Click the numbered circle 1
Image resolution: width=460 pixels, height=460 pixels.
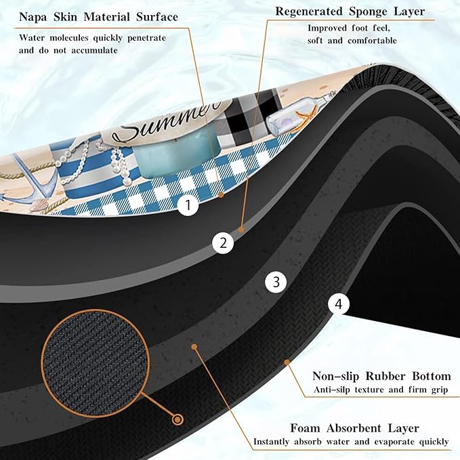click(188, 205)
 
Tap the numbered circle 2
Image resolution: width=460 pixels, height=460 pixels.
click(224, 243)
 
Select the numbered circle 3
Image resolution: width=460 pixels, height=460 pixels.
click(276, 282)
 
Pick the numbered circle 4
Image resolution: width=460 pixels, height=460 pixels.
click(339, 304)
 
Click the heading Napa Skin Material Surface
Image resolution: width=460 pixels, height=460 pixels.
click(99, 17)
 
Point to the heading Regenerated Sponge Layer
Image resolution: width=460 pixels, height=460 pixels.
click(350, 12)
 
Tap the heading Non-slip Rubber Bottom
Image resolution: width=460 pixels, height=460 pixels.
click(381, 376)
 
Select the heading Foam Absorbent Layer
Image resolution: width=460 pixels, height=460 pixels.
click(355, 428)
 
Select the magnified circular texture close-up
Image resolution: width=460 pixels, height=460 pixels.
click(96, 362)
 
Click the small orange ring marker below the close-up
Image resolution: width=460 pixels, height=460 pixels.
click(177, 420)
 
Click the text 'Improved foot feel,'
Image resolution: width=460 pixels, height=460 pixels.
click(348, 28)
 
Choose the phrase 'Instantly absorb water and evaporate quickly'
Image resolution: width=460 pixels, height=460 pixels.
click(351, 442)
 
